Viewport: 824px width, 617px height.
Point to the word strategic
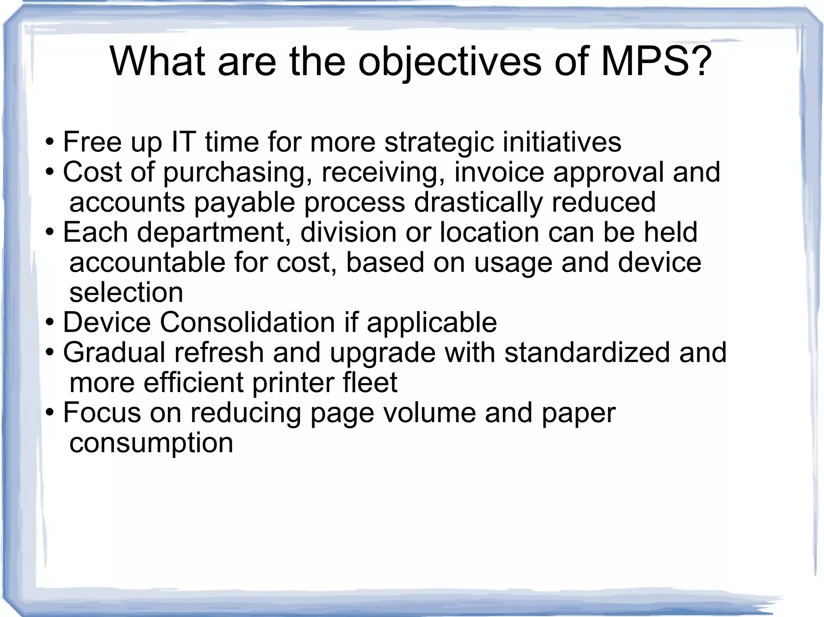pyautogui.click(x=439, y=143)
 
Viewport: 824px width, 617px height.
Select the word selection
pyautogui.click(x=126, y=292)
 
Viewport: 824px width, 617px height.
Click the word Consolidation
pyautogui.click(x=247, y=322)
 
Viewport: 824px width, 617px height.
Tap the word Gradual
pyautogui.click(x=114, y=352)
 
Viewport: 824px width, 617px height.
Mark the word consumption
pyautogui.click(x=151, y=443)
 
